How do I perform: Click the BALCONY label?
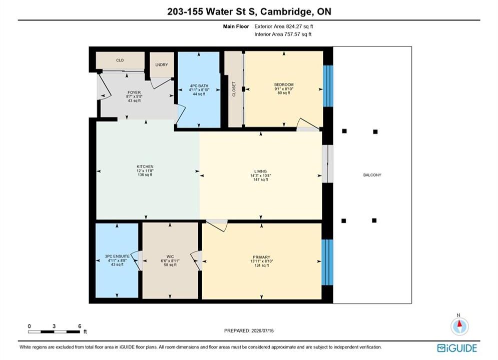(x=372, y=175)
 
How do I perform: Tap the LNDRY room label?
(x=162, y=64)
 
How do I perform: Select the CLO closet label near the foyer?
(x=120, y=60)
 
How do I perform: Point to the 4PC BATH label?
(x=199, y=86)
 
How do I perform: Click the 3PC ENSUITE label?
(x=117, y=256)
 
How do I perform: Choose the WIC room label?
(x=170, y=256)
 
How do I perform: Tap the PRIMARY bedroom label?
(x=261, y=257)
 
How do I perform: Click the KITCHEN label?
(x=145, y=166)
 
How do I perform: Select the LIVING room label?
(x=260, y=171)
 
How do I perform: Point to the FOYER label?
(x=134, y=92)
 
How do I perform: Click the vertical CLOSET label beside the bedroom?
(x=234, y=89)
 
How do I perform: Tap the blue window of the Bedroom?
(x=328, y=86)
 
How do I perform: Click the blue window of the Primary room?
(x=327, y=262)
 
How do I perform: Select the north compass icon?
(x=459, y=325)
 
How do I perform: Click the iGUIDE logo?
(x=457, y=348)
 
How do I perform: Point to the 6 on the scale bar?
(x=80, y=326)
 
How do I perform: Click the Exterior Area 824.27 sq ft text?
(x=284, y=26)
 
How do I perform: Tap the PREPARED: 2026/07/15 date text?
(x=249, y=330)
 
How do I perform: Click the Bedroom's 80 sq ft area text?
(x=284, y=93)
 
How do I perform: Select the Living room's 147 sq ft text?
(x=261, y=179)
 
